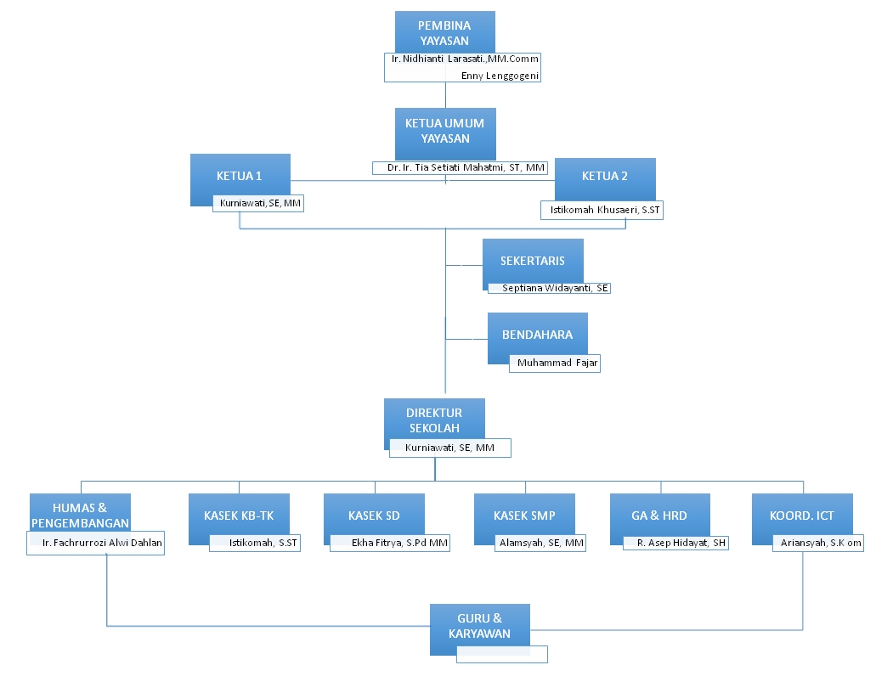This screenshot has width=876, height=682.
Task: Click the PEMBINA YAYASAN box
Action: [x=444, y=32]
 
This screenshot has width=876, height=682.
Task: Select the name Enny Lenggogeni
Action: [x=500, y=76]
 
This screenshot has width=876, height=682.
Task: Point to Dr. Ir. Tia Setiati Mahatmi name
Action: [x=466, y=168]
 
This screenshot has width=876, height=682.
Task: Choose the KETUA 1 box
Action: [x=240, y=176]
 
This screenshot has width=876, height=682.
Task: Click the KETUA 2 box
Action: [x=605, y=177]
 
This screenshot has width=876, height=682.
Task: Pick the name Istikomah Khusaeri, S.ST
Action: [x=601, y=211]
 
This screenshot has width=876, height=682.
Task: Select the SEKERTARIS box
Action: [x=533, y=262]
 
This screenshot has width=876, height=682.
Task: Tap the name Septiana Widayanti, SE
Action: [x=555, y=289]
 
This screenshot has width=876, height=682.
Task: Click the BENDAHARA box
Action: [x=537, y=335]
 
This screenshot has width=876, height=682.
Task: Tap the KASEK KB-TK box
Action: [x=239, y=516]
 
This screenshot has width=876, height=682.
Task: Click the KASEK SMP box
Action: [x=523, y=516]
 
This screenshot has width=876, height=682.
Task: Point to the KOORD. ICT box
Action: [x=801, y=516]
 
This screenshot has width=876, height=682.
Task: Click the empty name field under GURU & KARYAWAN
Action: [x=501, y=654]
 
